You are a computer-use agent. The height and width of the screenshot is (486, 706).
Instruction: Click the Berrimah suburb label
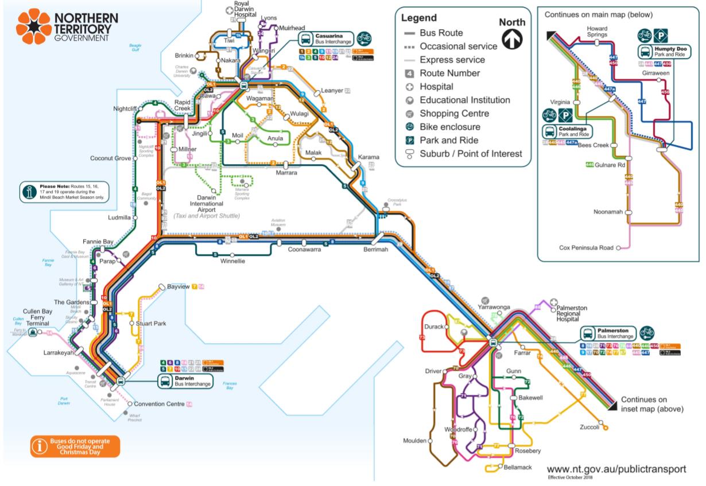376,250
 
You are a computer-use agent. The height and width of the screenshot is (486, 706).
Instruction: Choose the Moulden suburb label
414,441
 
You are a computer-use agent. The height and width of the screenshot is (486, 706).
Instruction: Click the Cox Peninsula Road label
585,248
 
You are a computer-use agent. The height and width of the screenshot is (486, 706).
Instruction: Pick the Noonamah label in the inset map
608,212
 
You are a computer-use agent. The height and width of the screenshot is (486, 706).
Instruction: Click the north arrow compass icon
511,39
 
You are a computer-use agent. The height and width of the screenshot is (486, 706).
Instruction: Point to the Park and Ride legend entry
448,140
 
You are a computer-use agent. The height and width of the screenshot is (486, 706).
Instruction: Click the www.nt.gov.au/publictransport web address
616,469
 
